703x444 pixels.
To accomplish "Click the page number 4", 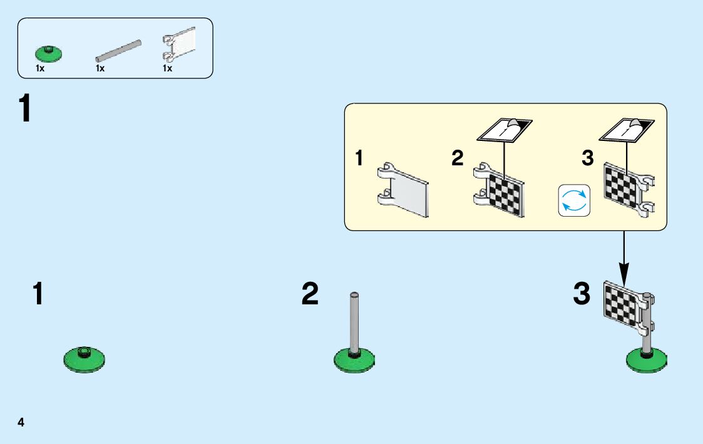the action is pyautogui.click(x=21, y=422).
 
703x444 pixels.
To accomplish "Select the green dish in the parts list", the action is pyautogui.click(x=48, y=53).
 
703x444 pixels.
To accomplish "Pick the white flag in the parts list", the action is pyautogui.click(x=180, y=45).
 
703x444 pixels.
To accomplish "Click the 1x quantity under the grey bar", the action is pyautogui.click(x=100, y=68).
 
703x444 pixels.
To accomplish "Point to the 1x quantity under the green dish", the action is pyautogui.click(x=40, y=68).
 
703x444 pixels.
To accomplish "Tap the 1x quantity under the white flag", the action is pyautogui.click(x=167, y=68).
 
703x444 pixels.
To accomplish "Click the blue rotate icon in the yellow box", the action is pyautogui.click(x=574, y=200).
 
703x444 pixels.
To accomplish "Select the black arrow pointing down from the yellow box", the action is pyautogui.click(x=623, y=257).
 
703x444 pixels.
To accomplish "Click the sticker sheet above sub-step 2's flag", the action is pyautogui.click(x=505, y=130).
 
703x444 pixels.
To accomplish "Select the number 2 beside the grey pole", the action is pyautogui.click(x=310, y=294).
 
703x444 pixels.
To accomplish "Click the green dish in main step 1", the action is pyautogui.click(x=84, y=359).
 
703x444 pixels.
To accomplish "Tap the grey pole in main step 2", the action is pyautogui.click(x=354, y=323).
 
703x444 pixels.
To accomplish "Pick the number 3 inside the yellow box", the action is pyautogui.click(x=587, y=158).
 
